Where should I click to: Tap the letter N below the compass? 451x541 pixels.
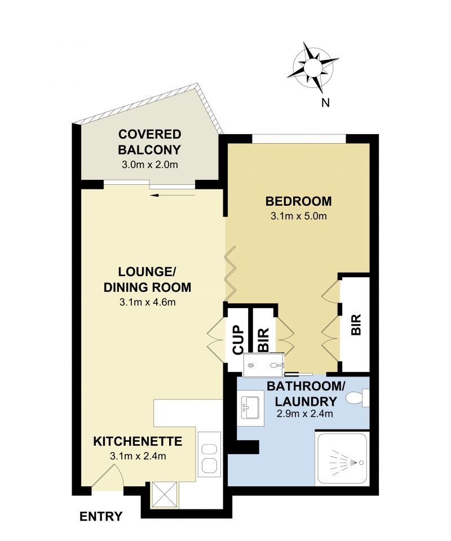[325, 103]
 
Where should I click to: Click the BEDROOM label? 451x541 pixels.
[298, 201]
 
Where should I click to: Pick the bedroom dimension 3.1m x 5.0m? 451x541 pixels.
[298, 216]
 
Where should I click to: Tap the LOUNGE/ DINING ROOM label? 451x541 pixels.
[147, 279]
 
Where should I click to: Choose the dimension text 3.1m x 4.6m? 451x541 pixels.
[147, 302]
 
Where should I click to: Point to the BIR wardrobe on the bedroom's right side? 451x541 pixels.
[356, 325]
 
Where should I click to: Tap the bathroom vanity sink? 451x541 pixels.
[250, 407]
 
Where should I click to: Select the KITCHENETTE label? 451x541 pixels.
[137, 441]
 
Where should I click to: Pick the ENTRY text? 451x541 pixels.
[101, 516]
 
